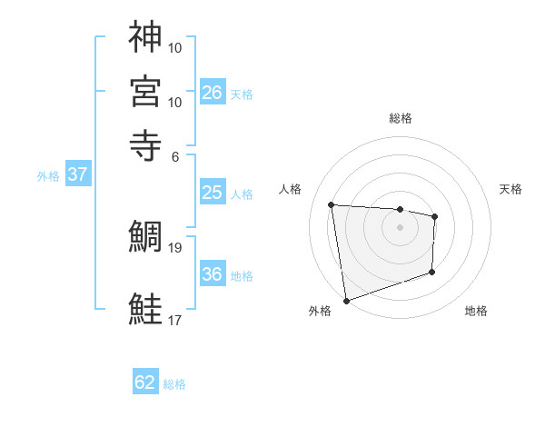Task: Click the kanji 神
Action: [x=145, y=37]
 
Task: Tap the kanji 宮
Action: [x=145, y=91]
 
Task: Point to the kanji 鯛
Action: [x=145, y=238]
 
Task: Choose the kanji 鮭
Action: [x=145, y=309]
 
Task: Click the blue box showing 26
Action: [x=213, y=92]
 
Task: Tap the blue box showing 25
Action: [x=213, y=193]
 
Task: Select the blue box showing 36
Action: [x=213, y=274]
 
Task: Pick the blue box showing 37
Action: [x=77, y=175]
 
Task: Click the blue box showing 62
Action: [x=145, y=382]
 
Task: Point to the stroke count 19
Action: [x=175, y=247]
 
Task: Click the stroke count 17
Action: [x=175, y=320]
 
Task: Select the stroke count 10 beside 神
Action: [x=175, y=47]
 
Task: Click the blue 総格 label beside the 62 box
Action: [x=175, y=384]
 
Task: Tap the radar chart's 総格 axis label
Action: [x=401, y=118]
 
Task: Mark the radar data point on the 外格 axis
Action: [x=346, y=301]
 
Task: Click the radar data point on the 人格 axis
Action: [x=332, y=204]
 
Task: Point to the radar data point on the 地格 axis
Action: [x=432, y=272]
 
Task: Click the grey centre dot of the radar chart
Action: [x=401, y=226]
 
